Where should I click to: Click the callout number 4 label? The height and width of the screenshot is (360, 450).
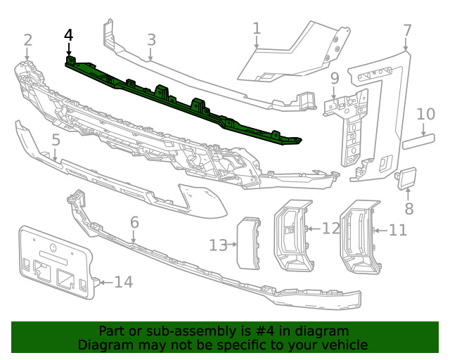coord(68,34)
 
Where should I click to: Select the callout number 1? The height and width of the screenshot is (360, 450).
coord(257,28)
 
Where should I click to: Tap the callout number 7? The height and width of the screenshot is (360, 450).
coord(407,30)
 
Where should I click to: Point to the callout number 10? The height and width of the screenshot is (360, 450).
coord(426,114)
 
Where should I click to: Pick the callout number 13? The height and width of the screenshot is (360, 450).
coord(218,245)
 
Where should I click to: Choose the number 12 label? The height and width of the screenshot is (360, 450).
coord(331,228)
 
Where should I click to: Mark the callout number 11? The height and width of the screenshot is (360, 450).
coord(398,229)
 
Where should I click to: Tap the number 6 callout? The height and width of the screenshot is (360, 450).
coord(134,222)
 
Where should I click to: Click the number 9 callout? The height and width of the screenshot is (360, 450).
coord(335,77)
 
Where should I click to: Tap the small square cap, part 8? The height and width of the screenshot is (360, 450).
coord(407,179)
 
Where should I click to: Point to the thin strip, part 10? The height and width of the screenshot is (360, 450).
coord(416,144)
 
